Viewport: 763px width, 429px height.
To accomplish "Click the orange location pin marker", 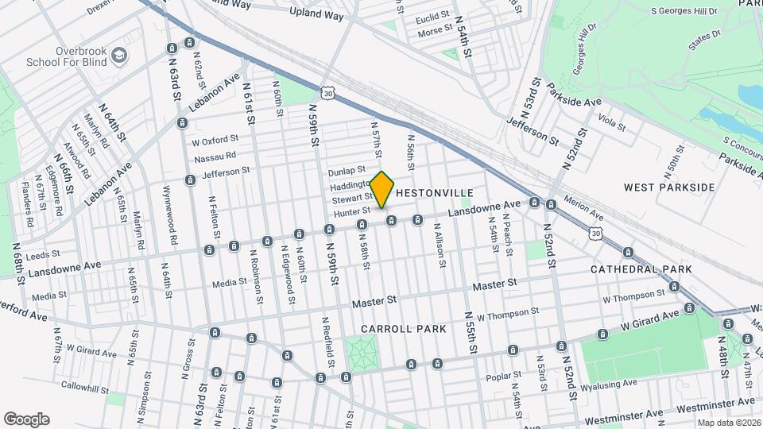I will tap(382, 189).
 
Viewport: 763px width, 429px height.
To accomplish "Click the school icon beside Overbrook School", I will tap(118, 55).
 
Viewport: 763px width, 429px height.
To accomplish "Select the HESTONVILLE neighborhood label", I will tap(434, 193).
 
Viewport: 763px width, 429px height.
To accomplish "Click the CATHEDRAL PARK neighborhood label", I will tap(641, 269).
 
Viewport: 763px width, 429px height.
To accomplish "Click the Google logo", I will tap(26, 419).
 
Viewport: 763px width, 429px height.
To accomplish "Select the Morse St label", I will tap(435, 33).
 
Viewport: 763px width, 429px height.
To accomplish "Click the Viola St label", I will tap(612, 123).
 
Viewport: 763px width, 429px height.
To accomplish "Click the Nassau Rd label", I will tap(215, 156).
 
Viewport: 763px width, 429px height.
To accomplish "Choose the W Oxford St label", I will tap(215, 141).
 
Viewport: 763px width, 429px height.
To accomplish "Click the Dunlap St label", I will tap(346, 171).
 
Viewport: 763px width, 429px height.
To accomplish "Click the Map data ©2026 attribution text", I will tap(727, 423).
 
